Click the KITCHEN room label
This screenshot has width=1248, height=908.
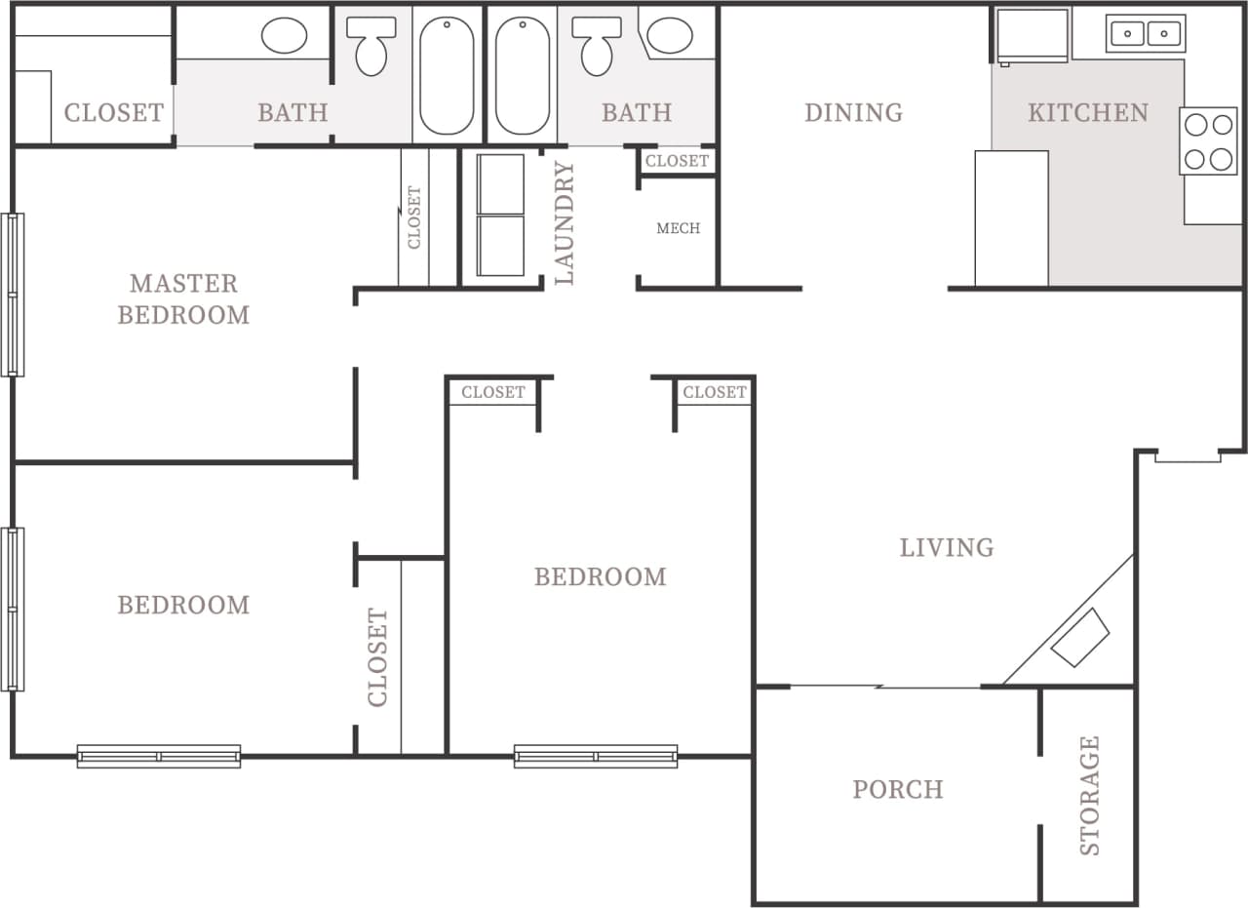[1087, 113]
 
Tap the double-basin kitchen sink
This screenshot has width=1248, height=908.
[1145, 33]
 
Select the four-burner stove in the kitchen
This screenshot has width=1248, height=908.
[1208, 141]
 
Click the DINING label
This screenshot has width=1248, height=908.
[853, 113]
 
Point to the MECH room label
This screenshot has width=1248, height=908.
[678, 228]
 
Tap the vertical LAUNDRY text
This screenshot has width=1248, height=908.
[565, 223]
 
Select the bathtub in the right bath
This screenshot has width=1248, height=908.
[523, 75]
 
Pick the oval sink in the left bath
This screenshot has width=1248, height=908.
[284, 37]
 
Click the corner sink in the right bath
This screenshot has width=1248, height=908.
[671, 35]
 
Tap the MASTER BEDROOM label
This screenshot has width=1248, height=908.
[183, 298]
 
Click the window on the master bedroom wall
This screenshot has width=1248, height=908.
[12, 295]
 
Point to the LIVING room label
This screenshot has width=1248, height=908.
[946, 547]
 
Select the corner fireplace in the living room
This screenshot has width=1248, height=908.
[1080, 638]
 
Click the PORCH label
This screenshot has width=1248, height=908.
[897, 789]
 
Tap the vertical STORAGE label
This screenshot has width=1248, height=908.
[1089, 795]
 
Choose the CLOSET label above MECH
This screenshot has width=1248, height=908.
[677, 160]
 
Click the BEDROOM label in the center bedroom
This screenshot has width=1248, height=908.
[600, 576]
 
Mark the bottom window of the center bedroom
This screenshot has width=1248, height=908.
[596, 756]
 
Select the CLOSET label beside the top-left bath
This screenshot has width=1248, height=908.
[113, 113]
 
